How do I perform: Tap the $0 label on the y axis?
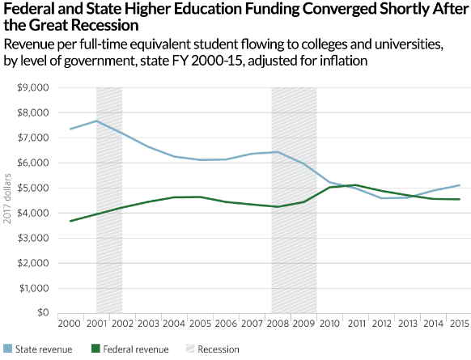click(41, 313)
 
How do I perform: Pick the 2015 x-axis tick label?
click(459, 324)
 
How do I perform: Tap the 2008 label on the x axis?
click(278, 324)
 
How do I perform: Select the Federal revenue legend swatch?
click(95, 349)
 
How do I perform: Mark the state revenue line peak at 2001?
click(96, 121)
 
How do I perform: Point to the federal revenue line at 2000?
click(71, 221)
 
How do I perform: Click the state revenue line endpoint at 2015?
click(459, 185)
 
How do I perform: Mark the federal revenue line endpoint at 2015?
click(459, 199)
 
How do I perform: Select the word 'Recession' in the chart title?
click(85, 25)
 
